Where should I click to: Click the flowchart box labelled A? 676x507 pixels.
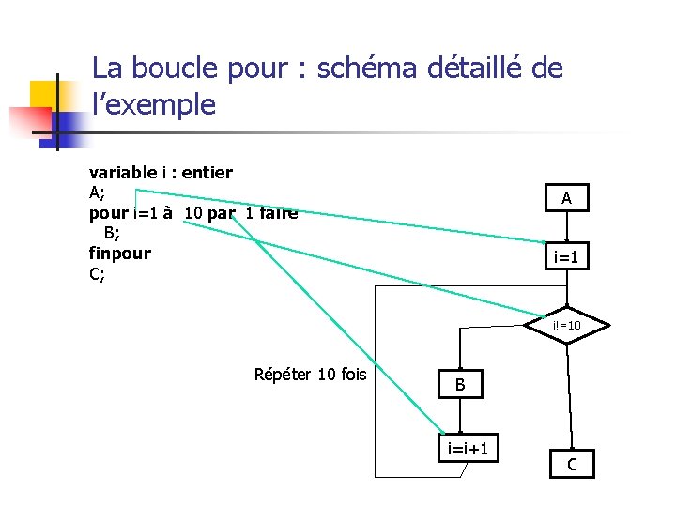[x=566, y=198]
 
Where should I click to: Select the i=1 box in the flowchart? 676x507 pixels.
[x=566, y=256]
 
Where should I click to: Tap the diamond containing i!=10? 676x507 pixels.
[x=566, y=325]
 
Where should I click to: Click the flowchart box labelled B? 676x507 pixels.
[x=460, y=384]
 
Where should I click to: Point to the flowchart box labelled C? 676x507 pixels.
[x=572, y=464]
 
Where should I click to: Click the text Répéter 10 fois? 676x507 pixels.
[x=310, y=375]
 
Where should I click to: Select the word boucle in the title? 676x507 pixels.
[x=171, y=69]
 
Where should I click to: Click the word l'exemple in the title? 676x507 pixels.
[x=154, y=104]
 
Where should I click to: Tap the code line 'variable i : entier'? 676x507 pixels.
[x=161, y=172]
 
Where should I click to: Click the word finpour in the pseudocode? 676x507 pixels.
[x=119, y=253]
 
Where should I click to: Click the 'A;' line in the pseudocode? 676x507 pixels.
[x=97, y=192]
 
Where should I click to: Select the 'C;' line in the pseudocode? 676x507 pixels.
[x=97, y=274]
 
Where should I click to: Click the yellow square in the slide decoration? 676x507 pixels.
[x=44, y=95]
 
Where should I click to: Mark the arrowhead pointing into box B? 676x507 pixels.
[x=460, y=367]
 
